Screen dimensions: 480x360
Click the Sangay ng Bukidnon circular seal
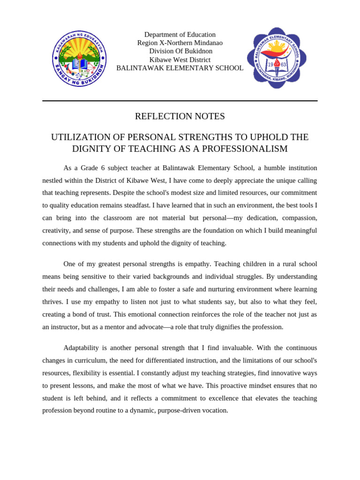pyautogui.click(x=79, y=59)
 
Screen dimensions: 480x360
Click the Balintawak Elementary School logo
pyautogui.click(x=277, y=58)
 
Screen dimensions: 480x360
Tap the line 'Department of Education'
pyautogui.click(x=180, y=35)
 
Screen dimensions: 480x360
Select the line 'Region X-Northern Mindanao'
pyautogui.click(x=180, y=43)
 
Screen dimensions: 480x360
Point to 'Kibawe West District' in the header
pyautogui.click(x=180, y=60)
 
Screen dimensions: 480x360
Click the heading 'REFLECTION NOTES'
pyautogui.click(x=180, y=116)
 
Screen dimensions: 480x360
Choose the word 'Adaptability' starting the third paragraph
pyautogui.click(x=81, y=348)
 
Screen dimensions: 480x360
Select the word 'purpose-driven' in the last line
pyautogui.click(x=180, y=411)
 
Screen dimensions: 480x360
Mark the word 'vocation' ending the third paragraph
pyautogui.click(x=216, y=411)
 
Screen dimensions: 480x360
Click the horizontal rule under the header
pyautogui.click(x=180, y=101)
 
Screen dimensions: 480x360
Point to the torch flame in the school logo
pyautogui.click(x=277, y=62)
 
